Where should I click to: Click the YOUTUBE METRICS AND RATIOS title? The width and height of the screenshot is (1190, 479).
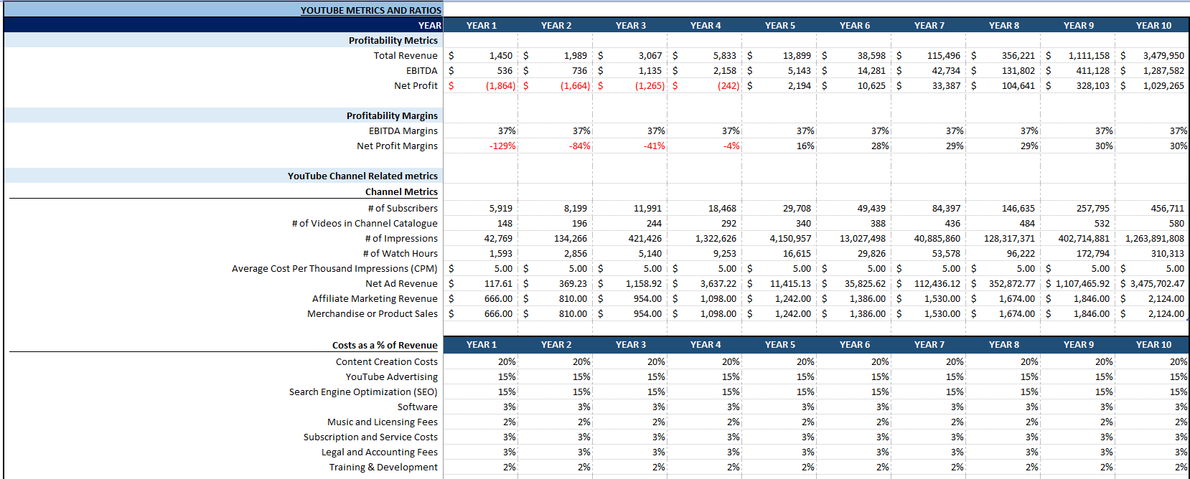coord(370,10)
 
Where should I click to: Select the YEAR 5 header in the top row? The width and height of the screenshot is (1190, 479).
coord(779,25)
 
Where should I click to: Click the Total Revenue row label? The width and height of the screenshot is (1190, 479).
coord(405,55)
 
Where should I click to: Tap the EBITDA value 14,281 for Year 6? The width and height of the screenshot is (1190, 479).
coord(871,70)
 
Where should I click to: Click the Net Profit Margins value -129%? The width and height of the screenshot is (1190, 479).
coord(502,146)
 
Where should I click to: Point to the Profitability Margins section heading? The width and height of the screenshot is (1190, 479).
coord(392,115)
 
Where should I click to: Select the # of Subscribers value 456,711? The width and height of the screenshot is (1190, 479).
coord(1167,208)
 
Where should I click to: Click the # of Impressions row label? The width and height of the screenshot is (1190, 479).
coord(400,238)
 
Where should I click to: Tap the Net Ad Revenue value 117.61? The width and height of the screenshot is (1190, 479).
coord(498,283)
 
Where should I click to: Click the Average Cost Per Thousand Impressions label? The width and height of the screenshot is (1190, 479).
coord(334,268)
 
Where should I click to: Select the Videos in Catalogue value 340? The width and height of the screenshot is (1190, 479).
coord(803,223)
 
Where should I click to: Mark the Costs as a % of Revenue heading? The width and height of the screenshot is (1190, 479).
coord(385,345)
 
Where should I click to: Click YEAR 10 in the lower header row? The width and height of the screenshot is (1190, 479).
coord(1153,344)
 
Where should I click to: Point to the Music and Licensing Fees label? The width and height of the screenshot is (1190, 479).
coord(382,422)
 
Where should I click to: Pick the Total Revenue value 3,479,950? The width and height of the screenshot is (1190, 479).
coord(1163,55)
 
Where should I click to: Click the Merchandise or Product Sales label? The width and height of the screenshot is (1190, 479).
coord(372,313)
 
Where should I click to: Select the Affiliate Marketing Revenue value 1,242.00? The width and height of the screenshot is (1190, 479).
coord(792,298)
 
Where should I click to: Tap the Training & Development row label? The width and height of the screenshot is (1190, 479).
coord(383,467)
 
